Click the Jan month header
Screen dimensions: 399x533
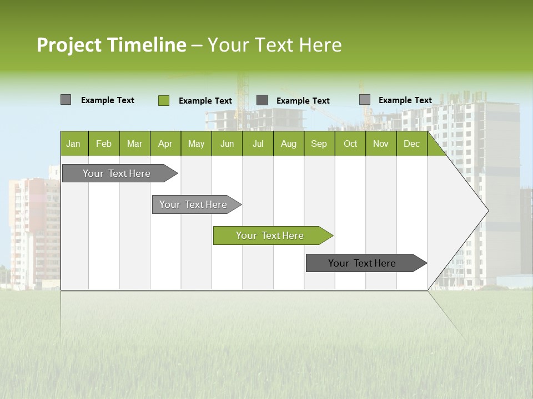74,144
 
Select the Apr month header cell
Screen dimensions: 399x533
165,144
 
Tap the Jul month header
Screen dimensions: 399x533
258,144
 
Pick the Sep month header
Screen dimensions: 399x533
319,144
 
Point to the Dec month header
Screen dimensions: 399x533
411,144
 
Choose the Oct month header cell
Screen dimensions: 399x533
350,144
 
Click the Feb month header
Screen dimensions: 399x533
104,144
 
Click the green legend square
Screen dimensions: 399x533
163,100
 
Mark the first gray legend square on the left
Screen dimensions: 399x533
66,100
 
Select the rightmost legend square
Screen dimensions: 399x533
364,100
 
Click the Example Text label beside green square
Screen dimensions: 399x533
205,101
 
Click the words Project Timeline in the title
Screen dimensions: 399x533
111,45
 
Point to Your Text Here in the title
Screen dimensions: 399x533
274,45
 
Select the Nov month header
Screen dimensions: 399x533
381,144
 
